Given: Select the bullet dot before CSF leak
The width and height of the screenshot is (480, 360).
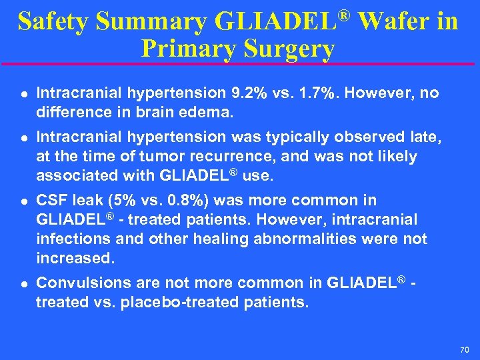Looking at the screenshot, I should (x=20, y=201).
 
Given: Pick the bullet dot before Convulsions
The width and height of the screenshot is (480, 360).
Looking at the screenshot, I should (x=20, y=283).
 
